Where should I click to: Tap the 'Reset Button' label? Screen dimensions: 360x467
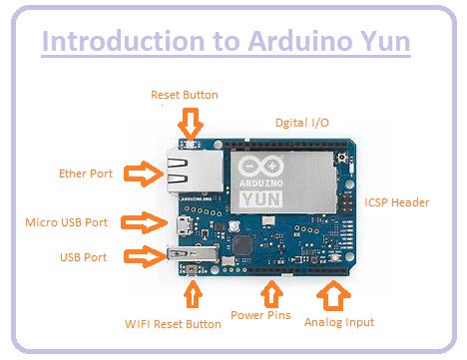click(x=184, y=96)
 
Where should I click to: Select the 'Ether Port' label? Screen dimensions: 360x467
click(x=87, y=173)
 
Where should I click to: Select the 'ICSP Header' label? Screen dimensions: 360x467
click(x=397, y=202)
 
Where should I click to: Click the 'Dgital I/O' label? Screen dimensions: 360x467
click(x=301, y=122)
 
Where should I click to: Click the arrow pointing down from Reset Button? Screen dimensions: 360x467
click(x=190, y=124)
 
